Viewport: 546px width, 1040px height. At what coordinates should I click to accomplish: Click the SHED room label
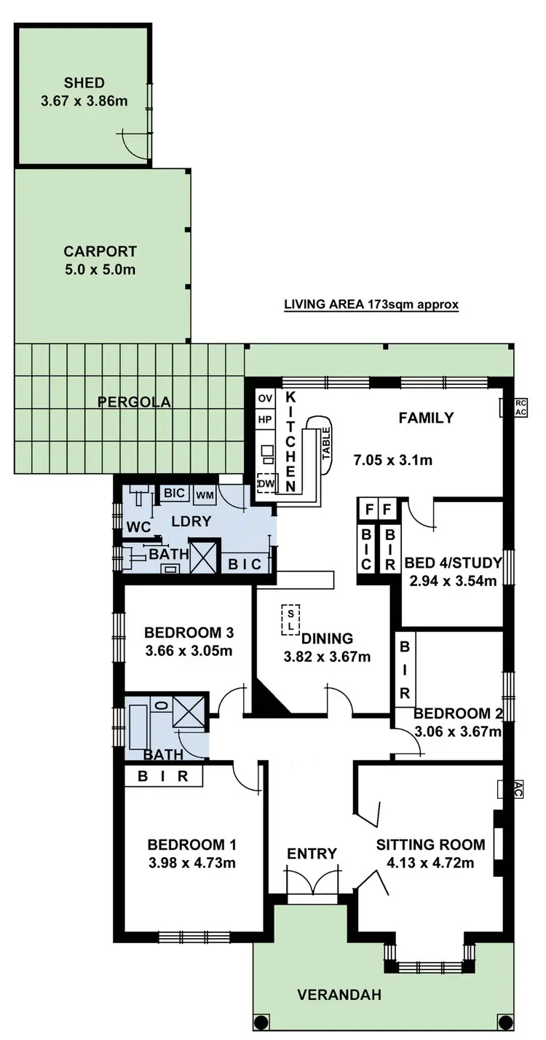pos(84,82)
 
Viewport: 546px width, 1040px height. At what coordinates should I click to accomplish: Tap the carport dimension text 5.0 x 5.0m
pos(100,269)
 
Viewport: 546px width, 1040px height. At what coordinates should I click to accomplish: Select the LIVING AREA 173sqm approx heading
pos(371,305)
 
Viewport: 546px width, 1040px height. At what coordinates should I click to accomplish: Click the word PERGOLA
pos(135,402)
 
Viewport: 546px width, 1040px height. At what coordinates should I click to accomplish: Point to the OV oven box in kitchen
pos(265,399)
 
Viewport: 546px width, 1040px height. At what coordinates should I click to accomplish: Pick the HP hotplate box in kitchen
pos(265,420)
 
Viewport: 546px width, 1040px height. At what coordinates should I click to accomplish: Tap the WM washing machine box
pos(205,495)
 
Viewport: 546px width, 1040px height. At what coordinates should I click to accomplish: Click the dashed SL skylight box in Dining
pos(290,618)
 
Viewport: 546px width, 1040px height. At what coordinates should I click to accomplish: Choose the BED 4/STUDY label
pos(451,562)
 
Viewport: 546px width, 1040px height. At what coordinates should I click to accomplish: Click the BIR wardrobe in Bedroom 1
pos(163,777)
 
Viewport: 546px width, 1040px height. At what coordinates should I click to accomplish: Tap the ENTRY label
pos(312,853)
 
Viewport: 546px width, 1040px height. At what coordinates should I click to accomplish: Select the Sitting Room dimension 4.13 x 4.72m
pos(430,864)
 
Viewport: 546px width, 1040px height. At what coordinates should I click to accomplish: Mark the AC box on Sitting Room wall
pos(514,787)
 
